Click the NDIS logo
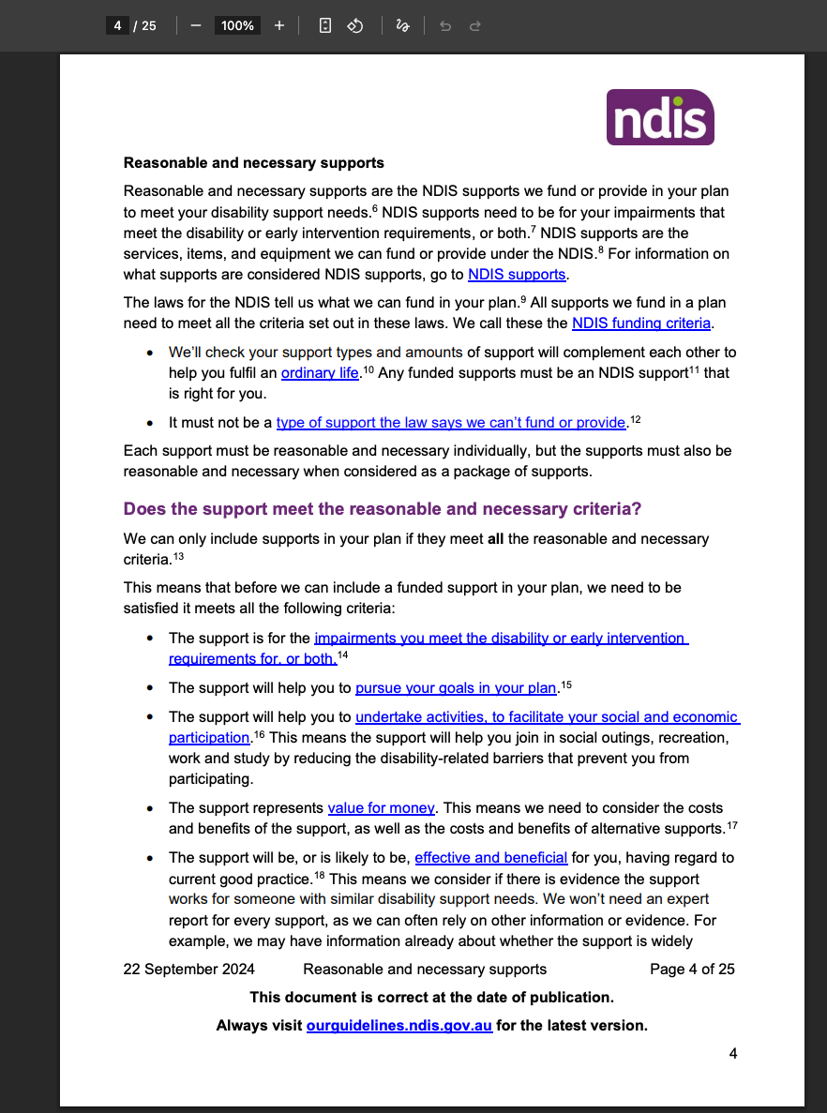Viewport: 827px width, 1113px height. coord(660,117)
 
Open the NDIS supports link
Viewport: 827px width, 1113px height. coord(517,275)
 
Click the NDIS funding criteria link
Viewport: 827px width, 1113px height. coord(641,323)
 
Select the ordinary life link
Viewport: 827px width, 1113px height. coord(320,373)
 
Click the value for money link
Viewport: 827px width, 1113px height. coord(381,808)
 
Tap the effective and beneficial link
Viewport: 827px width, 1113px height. coord(490,858)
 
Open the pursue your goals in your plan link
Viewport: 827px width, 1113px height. coord(456,688)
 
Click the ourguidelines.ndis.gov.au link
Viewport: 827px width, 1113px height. coord(399,1026)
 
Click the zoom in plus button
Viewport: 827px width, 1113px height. coord(279,25)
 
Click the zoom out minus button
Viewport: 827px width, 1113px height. coord(196,25)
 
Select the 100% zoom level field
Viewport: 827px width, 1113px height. coord(237,25)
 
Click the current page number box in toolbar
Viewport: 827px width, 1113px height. coord(117,25)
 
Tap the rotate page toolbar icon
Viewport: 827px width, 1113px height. coord(355,25)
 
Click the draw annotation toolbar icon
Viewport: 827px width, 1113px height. coord(402,25)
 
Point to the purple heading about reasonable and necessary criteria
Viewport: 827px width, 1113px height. coord(383,510)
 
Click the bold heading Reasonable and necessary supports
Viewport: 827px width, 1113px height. coord(254,163)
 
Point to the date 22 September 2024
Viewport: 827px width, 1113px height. coord(188,970)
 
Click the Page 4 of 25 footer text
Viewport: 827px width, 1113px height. coord(692,970)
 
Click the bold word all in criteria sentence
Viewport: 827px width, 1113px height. coord(496,539)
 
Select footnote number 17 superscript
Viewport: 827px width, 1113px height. coord(732,825)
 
